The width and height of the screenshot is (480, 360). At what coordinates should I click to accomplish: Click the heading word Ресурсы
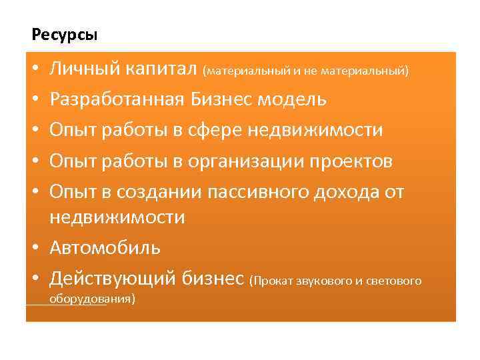click(x=64, y=33)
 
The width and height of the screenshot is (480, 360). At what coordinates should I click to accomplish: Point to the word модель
click(x=293, y=100)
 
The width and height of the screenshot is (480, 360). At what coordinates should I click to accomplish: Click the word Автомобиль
click(x=105, y=248)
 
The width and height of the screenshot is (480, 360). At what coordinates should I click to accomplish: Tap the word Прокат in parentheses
click(x=271, y=281)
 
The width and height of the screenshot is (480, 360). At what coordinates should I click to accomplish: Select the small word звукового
click(x=324, y=281)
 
